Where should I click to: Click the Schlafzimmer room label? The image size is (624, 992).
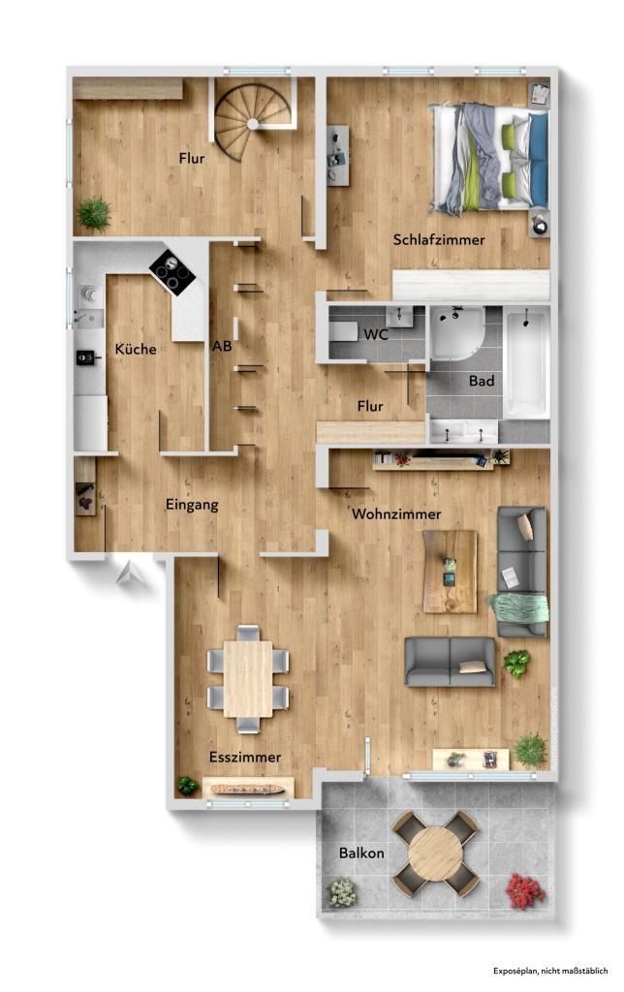tap(439, 239)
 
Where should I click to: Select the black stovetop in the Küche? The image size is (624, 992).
tap(172, 269)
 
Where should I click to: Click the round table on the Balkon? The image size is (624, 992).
tap(435, 853)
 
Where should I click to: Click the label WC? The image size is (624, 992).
tap(377, 334)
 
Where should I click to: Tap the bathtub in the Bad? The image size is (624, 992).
tap(526, 361)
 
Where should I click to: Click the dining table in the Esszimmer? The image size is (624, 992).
tap(248, 679)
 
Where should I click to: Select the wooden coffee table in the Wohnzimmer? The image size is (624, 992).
tap(450, 572)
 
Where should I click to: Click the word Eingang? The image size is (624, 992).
tap(191, 504)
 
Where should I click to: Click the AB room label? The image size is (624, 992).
tap(221, 345)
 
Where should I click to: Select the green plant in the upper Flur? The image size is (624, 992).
tap(94, 213)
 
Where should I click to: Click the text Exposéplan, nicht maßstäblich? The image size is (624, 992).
tap(549, 970)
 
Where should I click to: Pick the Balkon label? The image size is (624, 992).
tap(361, 853)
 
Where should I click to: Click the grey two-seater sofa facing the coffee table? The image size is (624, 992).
tap(450, 662)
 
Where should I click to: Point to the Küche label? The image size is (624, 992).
tap(135, 350)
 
